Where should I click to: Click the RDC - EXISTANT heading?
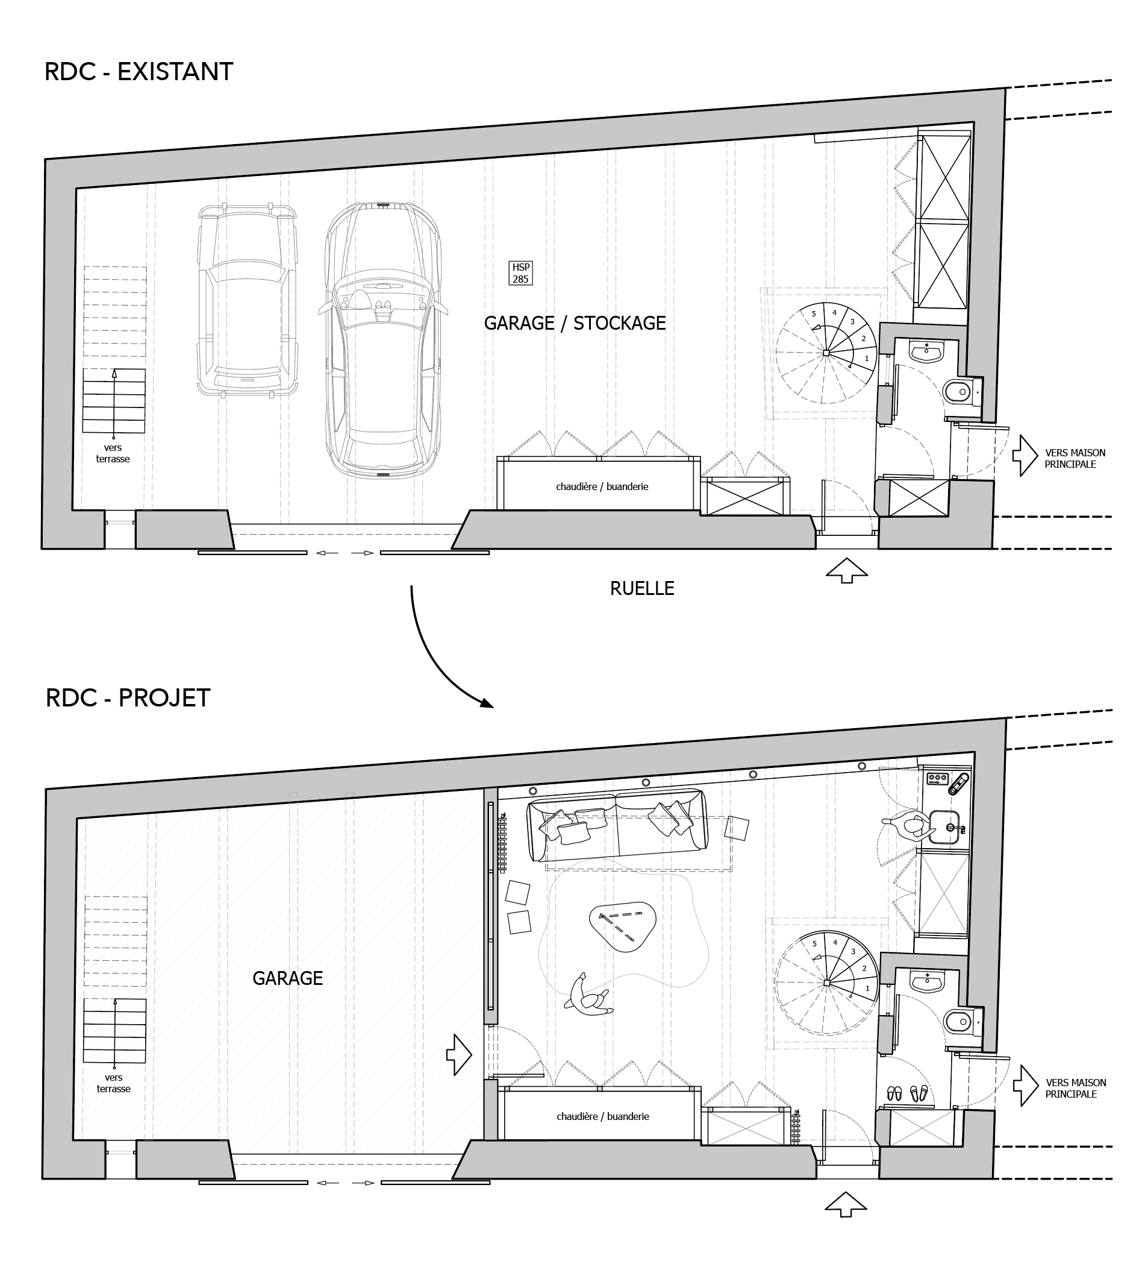click(x=139, y=72)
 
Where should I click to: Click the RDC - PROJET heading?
click(x=128, y=698)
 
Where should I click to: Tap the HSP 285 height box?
click(x=520, y=273)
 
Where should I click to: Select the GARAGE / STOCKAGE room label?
click(x=575, y=323)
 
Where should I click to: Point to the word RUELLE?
click(x=642, y=588)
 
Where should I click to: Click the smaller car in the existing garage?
click(x=247, y=300)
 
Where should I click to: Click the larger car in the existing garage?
click(x=382, y=341)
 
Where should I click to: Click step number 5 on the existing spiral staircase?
click(x=814, y=314)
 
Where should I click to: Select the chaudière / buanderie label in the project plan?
click(x=602, y=1116)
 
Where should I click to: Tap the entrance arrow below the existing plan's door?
click(x=846, y=570)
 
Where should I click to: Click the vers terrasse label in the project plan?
click(x=114, y=1083)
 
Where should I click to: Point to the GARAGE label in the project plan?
click(x=287, y=978)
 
